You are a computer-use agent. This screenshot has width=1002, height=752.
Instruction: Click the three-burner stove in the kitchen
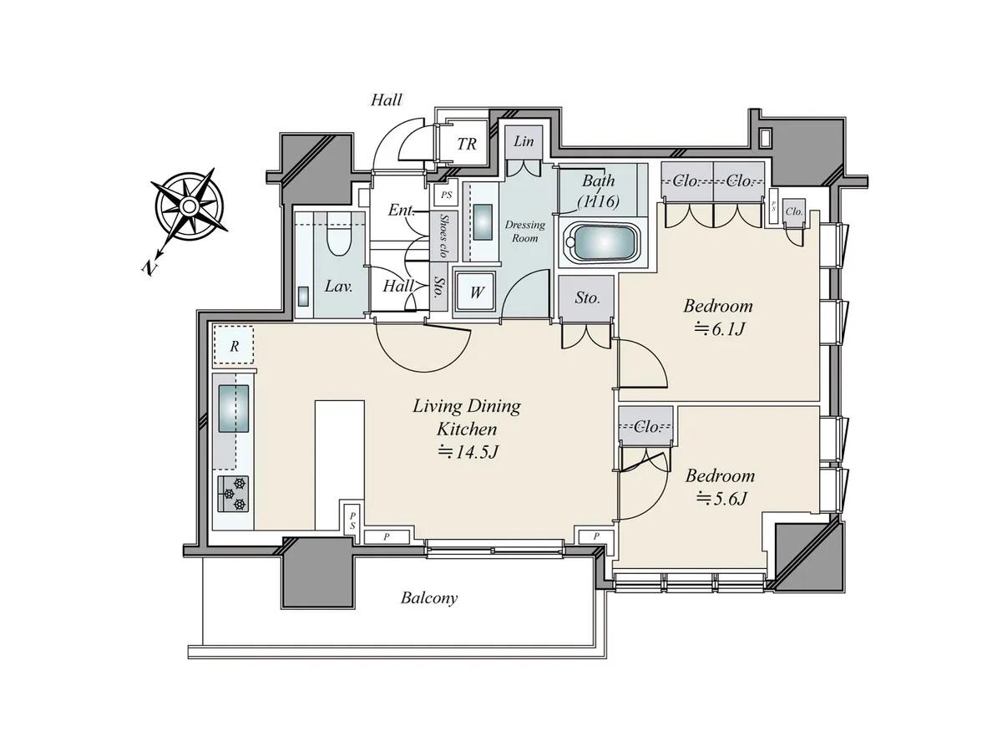[x=233, y=494]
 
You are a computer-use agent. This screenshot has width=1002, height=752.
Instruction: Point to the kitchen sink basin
[x=233, y=409]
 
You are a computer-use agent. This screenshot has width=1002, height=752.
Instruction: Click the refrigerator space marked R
[x=233, y=345]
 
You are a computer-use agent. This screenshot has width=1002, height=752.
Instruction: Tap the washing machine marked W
[x=476, y=292]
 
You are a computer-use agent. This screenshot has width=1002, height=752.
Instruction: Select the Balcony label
[x=429, y=597]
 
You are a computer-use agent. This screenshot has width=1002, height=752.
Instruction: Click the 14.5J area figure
[x=468, y=452]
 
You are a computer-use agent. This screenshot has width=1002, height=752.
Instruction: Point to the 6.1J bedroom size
[x=720, y=328]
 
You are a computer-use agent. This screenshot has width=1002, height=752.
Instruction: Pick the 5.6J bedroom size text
[x=721, y=499]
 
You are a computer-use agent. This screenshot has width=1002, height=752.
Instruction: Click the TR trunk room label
[x=467, y=144]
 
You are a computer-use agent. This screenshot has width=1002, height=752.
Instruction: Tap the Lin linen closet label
[x=524, y=141]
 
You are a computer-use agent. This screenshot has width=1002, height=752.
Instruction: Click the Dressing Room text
[x=525, y=231]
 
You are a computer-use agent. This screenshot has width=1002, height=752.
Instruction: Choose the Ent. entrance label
[x=401, y=210]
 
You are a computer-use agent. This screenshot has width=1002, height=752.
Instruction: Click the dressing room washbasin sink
[x=483, y=222]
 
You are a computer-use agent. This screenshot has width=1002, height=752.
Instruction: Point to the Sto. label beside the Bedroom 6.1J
[x=587, y=297]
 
